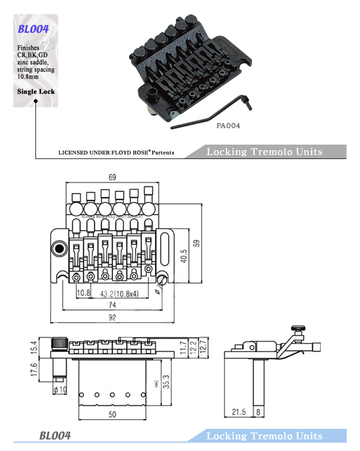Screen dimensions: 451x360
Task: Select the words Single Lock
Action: [36, 91]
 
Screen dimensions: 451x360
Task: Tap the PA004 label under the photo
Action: [228, 126]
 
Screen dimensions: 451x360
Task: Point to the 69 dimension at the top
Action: [111, 178]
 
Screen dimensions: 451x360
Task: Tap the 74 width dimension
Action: [112, 305]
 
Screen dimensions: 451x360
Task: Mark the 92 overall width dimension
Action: [112, 317]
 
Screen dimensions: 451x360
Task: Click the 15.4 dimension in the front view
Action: [34, 348]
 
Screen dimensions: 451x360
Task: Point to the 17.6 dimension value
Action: [34, 370]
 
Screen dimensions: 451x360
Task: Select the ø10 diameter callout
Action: [60, 389]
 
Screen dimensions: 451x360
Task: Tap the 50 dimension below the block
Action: [111, 414]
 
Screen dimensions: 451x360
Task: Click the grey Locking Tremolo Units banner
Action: [264, 152]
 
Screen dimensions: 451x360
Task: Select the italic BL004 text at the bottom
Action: [55, 435]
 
